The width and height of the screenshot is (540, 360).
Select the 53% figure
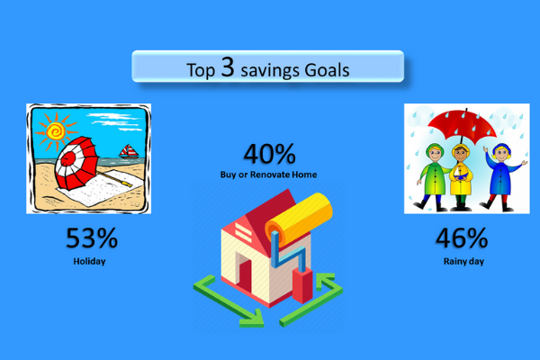tap(92, 238)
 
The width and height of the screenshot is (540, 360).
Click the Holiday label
tap(89, 262)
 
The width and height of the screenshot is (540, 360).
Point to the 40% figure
tap(270, 154)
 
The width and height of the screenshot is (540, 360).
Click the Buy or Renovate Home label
tap(268, 175)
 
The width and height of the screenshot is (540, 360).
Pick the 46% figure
tap(462, 238)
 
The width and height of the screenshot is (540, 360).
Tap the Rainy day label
tap(463, 262)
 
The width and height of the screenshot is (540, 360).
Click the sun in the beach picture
tap(56, 131)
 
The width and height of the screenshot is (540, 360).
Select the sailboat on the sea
tap(129, 151)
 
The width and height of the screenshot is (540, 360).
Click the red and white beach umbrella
tap(76, 163)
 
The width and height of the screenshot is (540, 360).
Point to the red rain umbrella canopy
tap(463, 123)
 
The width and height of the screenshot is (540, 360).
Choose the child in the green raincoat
tap(433, 176)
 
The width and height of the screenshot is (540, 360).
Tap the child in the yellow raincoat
tap(461, 177)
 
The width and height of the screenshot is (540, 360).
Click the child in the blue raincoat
tap(502, 177)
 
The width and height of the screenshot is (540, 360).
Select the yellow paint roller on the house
tap(299, 220)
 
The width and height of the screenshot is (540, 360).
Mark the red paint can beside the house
tap(302, 286)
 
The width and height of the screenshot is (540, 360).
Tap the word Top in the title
tap(201, 70)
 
